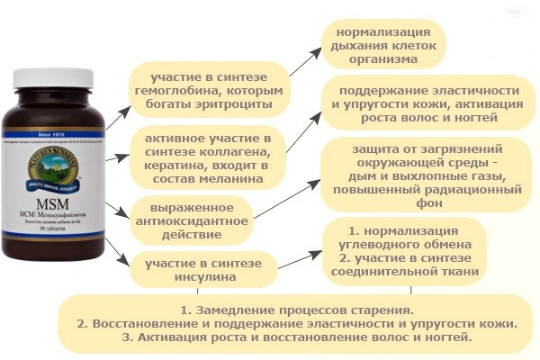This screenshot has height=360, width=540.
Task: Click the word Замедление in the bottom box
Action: pyautogui.click(x=229, y=309)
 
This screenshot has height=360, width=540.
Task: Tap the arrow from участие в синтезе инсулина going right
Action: pyautogui.click(x=297, y=259)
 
